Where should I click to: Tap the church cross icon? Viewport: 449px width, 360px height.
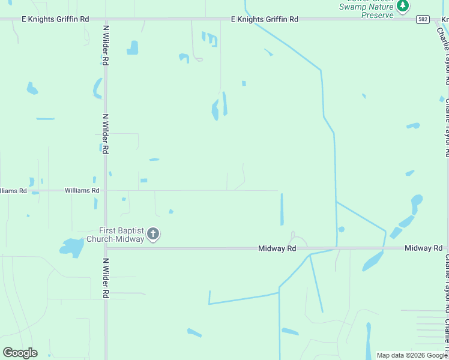(x=153, y=234)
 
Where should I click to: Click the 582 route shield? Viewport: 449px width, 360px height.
(x=423, y=19)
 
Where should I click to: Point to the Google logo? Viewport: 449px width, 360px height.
(x=20, y=352)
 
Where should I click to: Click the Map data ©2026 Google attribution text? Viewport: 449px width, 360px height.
(x=412, y=355)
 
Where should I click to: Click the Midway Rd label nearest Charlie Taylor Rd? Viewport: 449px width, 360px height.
(x=423, y=248)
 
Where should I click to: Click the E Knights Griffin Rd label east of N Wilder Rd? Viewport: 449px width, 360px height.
(x=265, y=19)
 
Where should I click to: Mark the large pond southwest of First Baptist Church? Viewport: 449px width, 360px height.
(x=72, y=247)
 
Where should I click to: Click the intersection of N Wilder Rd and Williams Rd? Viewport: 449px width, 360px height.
(x=106, y=191)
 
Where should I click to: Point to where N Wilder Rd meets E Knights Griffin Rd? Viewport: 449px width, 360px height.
(x=106, y=19)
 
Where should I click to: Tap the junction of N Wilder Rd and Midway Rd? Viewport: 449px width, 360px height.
(x=106, y=248)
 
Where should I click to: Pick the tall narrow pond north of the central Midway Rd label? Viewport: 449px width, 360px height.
(x=282, y=209)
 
